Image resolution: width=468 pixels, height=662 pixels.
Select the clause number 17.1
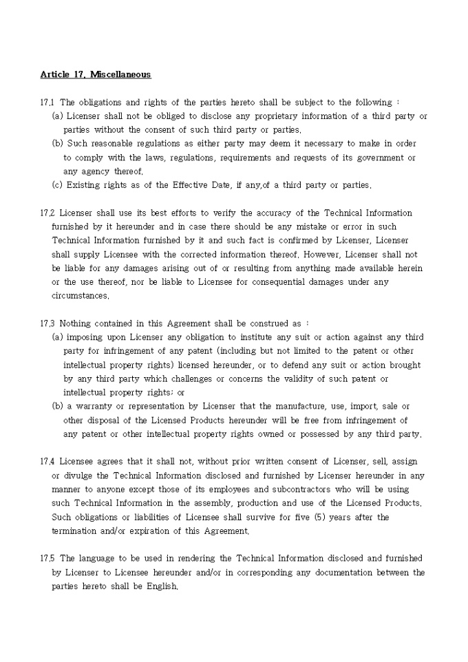47,103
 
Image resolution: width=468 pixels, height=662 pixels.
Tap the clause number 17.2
47,213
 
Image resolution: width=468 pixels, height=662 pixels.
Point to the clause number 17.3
47,323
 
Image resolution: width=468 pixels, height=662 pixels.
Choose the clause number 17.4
47,462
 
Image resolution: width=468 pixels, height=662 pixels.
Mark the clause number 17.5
47,558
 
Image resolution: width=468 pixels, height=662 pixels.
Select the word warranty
90,407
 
